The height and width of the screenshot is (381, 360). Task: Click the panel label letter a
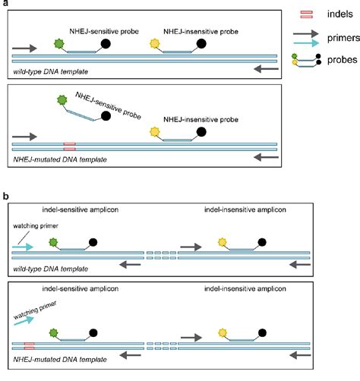[x=4, y=5]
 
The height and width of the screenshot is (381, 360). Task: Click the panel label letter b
[x=5, y=195]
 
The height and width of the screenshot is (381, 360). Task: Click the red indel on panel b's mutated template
[x=29, y=345]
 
